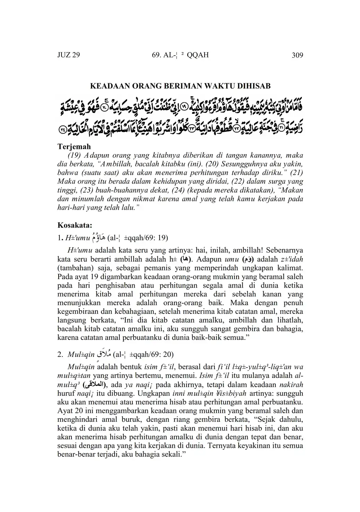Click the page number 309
click(x=297, y=56)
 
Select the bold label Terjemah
click(x=74, y=146)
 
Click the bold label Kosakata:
click(x=75, y=225)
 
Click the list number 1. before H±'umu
click(x=60, y=238)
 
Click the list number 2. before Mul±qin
click(x=60, y=355)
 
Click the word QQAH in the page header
click(x=197, y=56)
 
